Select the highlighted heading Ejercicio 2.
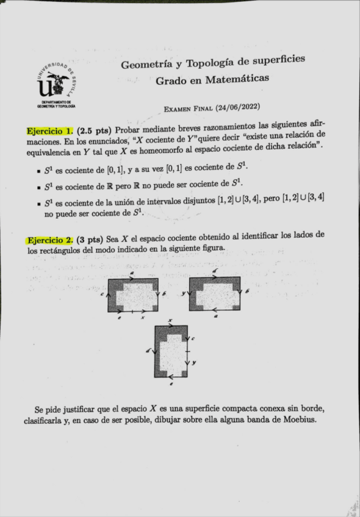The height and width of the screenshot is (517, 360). coord(50,239)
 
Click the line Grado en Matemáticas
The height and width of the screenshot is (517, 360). coord(212,79)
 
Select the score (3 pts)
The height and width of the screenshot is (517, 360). coord(91,239)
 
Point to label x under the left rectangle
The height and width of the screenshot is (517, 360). coord(143,317)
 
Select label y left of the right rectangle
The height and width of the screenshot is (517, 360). coord(184,293)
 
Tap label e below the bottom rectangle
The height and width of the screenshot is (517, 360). coord(171,385)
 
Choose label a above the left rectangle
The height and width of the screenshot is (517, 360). coord(132,273)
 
